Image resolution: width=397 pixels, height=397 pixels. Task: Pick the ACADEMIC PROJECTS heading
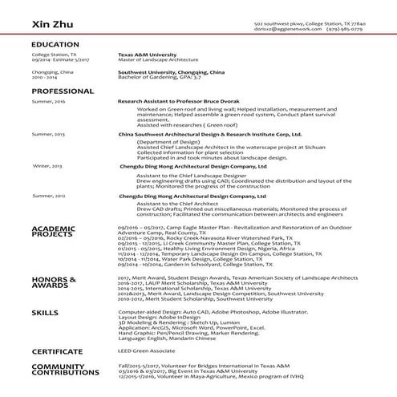pyautogui.click(x=54, y=233)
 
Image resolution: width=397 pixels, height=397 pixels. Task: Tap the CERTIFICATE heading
pyautogui.click(x=57, y=350)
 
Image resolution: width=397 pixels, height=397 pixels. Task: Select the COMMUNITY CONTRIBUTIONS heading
pyautogui.click(x=63, y=369)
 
